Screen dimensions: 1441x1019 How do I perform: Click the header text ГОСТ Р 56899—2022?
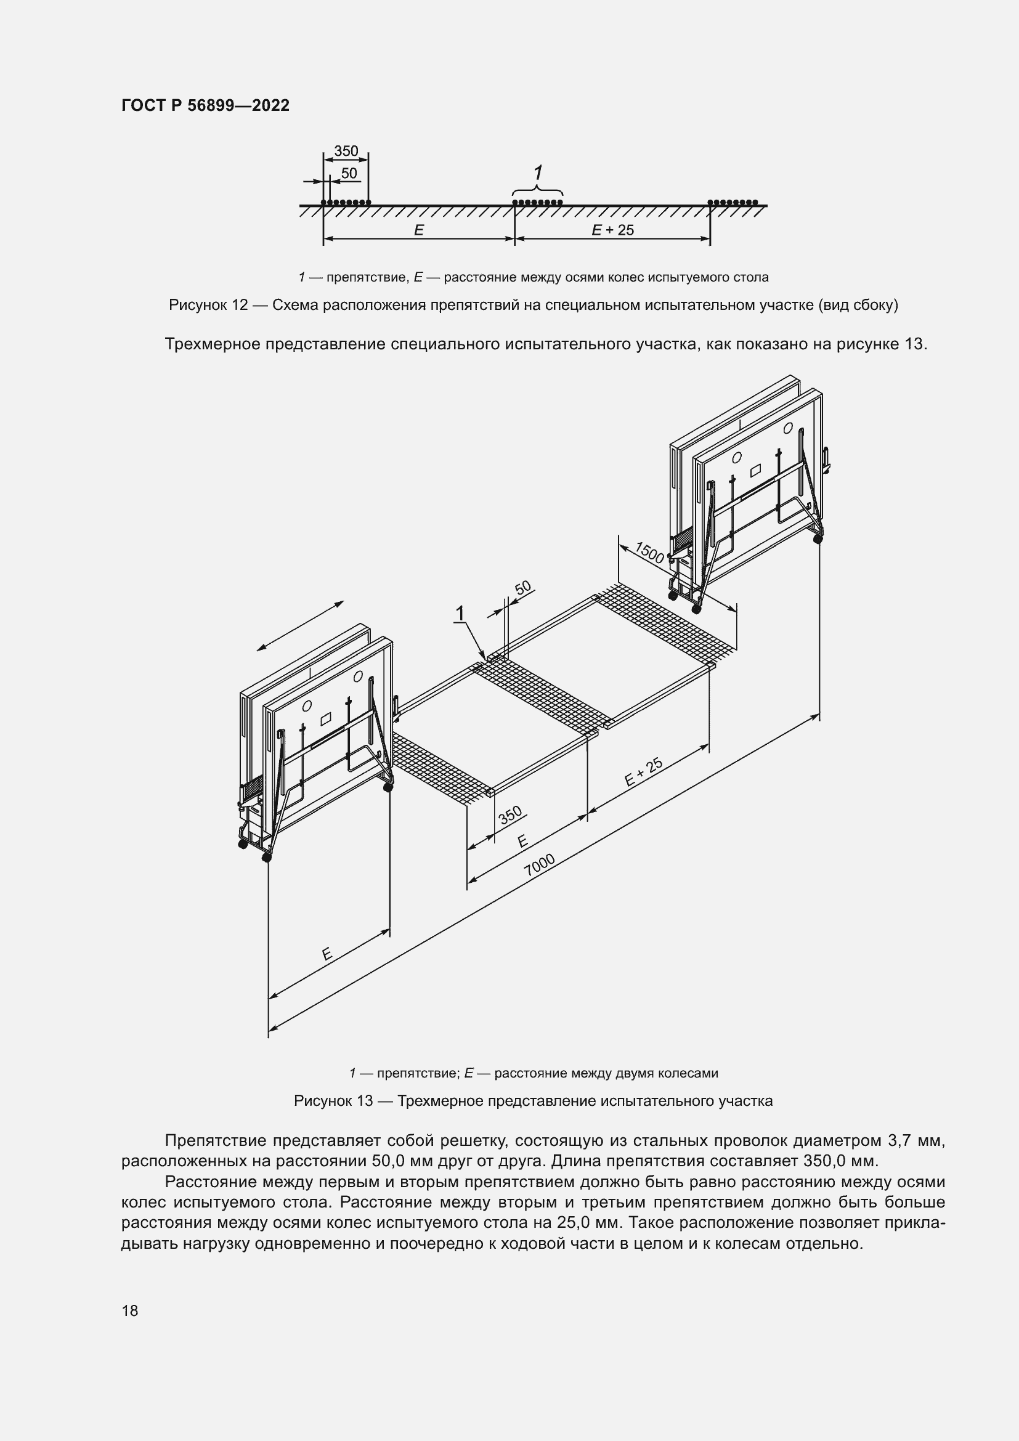[x=205, y=105]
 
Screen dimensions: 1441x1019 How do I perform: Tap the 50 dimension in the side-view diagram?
[x=349, y=173]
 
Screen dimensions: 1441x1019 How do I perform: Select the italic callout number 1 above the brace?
[x=538, y=173]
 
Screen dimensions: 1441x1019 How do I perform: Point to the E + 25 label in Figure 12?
[x=612, y=230]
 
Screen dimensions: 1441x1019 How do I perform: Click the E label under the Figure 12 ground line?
[x=418, y=230]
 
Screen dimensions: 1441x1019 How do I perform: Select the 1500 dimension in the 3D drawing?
[x=649, y=552]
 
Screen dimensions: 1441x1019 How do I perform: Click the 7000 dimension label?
[x=539, y=865]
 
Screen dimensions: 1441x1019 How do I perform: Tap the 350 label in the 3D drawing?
[x=510, y=814]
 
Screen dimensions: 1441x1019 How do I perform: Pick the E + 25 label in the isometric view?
[x=644, y=773]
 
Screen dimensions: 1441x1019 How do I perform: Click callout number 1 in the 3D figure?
[x=460, y=613]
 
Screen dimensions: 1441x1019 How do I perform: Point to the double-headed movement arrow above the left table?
[x=300, y=627]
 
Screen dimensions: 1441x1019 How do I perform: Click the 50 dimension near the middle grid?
[x=522, y=588]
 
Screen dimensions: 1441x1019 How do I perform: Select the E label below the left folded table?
[x=327, y=954]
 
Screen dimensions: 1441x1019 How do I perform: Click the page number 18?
[x=130, y=1310]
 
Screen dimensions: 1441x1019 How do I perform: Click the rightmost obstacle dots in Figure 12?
[x=733, y=202]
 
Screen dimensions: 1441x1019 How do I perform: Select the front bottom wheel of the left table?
[x=266, y=858]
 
